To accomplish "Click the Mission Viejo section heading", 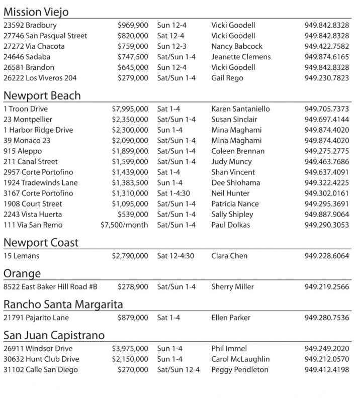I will pyautogui.click(x=36, y=12).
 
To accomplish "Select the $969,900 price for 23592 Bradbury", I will pyautogui.click(x=133, y=25).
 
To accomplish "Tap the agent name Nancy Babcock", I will pyautogui.click(x=237, y=46).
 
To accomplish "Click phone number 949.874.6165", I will pyautogui.click(x=326, y=57).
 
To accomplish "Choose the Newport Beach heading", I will pyautogui.click(x=42, y=95).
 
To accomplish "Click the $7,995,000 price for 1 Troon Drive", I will pyautogui.click(x=130, y=109).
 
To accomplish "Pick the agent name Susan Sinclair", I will pyautogui.click(x=234, y=120).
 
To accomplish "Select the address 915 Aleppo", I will pyautogui.click(x=23, y=151).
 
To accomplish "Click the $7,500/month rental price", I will pyautogui.click(x=124, y=225).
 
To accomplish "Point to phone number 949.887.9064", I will pyautogui.click(x=326, y=215).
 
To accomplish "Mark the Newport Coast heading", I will pyautogui.click(x=41, y=243).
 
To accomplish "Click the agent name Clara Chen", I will pyautogui.click(x=229, y=256).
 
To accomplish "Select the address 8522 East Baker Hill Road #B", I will pyautogui.click(x=50, y=287).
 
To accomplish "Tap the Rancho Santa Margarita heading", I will pyautogui.click(x=63, y=305).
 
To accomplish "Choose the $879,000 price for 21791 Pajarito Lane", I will pyautogui.click(x=133, y=318).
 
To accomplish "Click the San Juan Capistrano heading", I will pyautogui.click(x=54, y=335).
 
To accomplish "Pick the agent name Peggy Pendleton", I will pyautogui.click(x=240, y=370).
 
